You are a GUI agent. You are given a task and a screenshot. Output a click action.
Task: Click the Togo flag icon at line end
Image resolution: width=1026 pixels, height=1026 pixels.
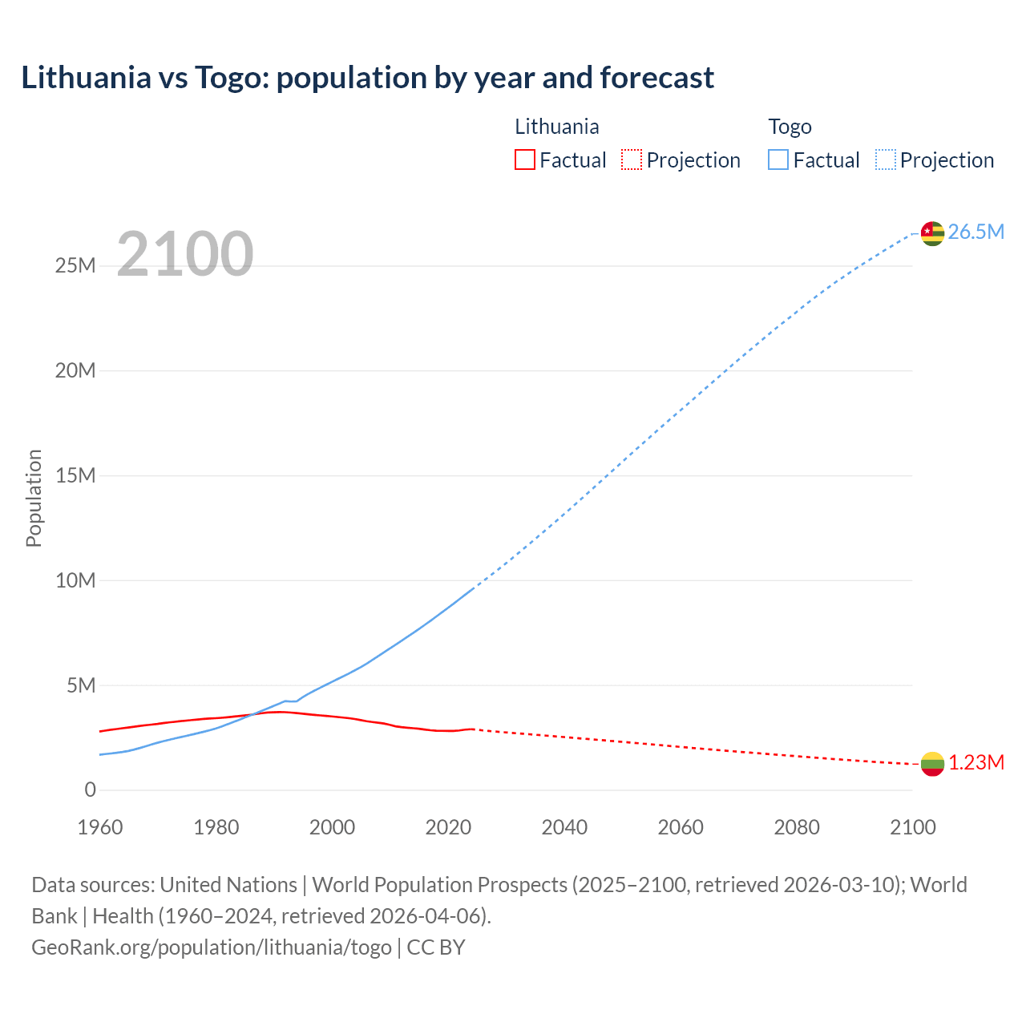[932, 233]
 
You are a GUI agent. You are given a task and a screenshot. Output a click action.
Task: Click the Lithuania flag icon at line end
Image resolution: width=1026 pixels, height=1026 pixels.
[932, 764]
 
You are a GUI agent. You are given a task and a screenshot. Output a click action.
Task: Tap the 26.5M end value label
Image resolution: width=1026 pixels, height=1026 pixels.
[976, 232]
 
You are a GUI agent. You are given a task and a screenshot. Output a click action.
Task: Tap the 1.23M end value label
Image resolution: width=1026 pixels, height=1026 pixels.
[976, 763]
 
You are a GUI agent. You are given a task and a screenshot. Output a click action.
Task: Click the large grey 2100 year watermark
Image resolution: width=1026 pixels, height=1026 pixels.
[185, 255]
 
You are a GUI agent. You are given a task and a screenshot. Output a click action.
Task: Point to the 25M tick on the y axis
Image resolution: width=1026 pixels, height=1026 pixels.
[75, 266]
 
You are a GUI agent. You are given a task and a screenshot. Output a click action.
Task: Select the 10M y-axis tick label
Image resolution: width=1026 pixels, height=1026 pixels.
[75, 580]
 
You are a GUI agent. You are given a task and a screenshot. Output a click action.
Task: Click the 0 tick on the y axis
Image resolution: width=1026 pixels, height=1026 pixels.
[90, 790]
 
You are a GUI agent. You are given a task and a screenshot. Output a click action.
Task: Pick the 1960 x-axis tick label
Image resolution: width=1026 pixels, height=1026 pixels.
[100, 827]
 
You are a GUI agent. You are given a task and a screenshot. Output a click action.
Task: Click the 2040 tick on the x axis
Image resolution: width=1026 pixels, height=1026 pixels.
[564, 827]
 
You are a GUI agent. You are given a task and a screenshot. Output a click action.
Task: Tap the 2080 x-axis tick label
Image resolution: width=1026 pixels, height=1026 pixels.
[797, 827]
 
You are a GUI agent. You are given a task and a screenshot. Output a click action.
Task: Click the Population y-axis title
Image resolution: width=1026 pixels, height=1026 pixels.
[34, 498]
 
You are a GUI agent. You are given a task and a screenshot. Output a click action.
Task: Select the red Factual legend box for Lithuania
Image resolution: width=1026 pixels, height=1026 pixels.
[525, 160]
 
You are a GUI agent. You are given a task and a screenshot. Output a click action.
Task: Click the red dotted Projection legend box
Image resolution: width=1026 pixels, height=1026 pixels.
[632, 160]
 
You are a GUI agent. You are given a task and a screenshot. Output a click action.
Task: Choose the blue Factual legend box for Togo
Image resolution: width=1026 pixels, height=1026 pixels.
[778, 160]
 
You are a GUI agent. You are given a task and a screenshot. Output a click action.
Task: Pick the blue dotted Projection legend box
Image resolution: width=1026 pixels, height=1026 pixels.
[885, 160]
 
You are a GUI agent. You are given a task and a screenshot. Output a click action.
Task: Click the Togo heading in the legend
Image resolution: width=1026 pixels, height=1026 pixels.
[790, 127]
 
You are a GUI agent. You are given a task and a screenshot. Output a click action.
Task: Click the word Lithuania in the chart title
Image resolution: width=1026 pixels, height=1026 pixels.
[86, 78]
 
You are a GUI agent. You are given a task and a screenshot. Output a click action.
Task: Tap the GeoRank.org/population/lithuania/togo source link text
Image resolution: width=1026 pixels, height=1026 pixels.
[212, 947]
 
